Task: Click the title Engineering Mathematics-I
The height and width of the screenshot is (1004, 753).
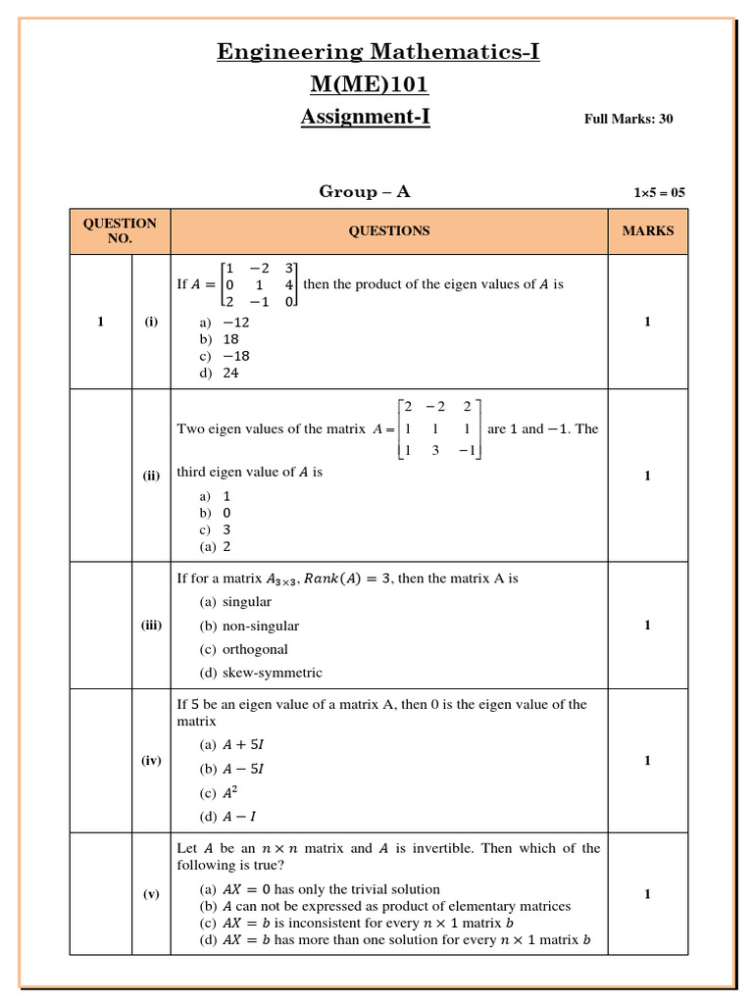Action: click(x=377, y=52)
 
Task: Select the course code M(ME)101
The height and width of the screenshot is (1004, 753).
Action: click(x=368, y=84)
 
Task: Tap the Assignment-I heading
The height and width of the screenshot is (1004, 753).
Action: click(x=365, y=118)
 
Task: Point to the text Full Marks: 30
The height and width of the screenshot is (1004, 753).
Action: click(x=628, y=120)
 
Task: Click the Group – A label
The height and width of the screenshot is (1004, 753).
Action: click(x=365, y=192)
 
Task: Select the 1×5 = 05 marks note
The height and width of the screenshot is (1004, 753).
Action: click(x=659, y=193)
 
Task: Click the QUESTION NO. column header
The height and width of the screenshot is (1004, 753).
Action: click(x=120, y=231)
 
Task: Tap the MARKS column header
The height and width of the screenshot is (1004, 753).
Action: click(x=647, y=231)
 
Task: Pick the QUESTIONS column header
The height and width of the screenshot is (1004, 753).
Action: click(x=388, y=231)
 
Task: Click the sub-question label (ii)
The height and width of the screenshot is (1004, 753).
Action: click(x=151, y=477)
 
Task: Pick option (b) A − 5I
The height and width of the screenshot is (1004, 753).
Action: click(x=232, y=769)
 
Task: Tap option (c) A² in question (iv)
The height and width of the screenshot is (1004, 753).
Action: click(x=221, y=793)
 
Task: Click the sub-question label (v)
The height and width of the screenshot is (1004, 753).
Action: click(x=151, y=894)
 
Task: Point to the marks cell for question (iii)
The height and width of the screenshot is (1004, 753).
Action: click(x=647, y=626)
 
